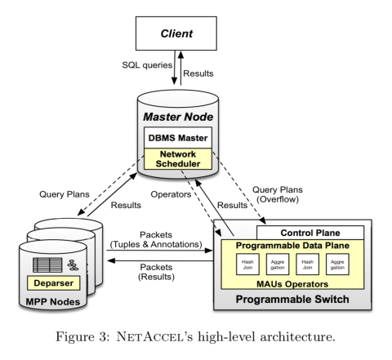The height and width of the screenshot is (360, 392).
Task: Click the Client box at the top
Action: pos(176,33)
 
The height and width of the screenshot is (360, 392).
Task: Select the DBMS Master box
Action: pos(178,138)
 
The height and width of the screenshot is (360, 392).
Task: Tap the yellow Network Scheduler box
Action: pos(178,159)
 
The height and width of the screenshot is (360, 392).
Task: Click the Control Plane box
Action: pos(310,233)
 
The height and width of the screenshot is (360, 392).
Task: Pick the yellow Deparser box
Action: pos(54,283)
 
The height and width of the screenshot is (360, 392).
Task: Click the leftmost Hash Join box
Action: pos(247,264)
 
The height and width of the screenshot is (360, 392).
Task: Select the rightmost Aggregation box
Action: pos(337,264)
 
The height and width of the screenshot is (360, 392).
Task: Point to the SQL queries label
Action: pos(147,65)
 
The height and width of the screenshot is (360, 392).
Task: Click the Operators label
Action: pos(171,194)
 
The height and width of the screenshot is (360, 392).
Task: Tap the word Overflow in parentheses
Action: pos(278,199)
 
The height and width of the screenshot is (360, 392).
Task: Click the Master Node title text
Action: pos(178,117)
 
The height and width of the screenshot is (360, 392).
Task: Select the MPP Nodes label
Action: pos(53,302)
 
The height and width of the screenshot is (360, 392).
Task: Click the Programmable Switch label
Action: pos(292,299)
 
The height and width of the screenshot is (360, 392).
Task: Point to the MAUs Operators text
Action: pos(292,284)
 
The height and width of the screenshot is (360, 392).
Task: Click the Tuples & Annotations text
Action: pos(156,244)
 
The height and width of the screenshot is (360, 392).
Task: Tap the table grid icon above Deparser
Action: pos(47,265)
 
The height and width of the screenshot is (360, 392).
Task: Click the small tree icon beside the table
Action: pos(73,265)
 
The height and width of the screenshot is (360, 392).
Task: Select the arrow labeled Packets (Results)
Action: pos(160,260)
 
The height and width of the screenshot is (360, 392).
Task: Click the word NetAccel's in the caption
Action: pos(154,336)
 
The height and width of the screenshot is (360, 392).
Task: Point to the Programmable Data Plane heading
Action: pos(292,246)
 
